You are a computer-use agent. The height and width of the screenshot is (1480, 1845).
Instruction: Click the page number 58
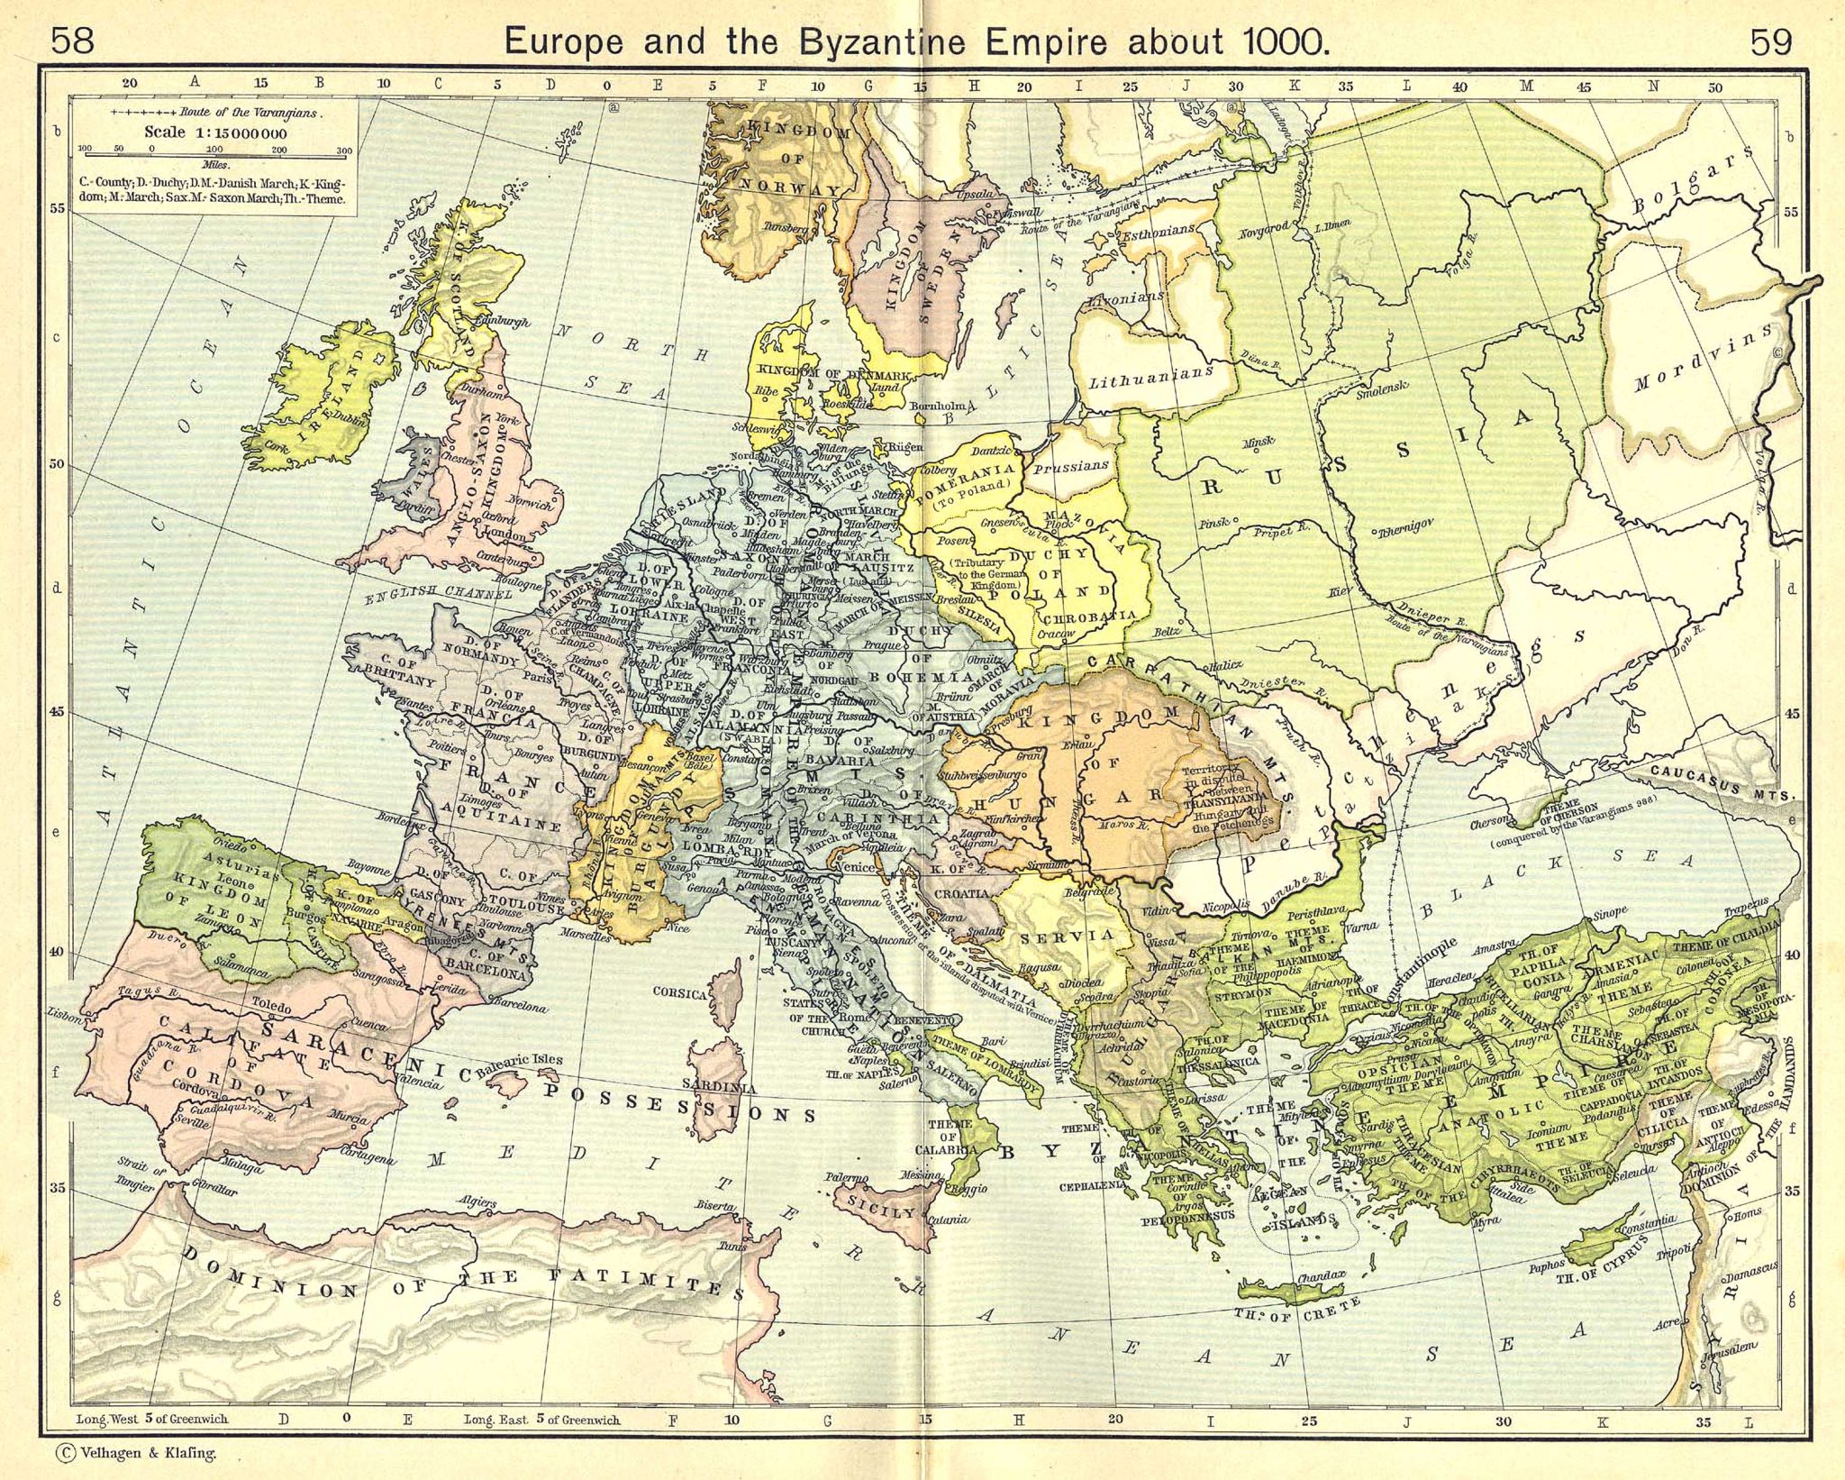coord(72,41)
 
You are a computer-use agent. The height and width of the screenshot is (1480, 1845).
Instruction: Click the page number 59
coord(1770,41)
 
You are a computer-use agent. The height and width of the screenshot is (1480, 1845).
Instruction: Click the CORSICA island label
coord(679,993)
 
